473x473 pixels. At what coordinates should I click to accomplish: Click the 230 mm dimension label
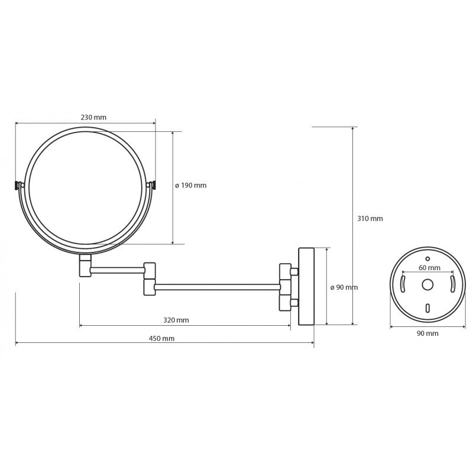click(93, 117)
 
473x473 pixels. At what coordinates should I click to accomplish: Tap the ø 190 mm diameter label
click(190, 185)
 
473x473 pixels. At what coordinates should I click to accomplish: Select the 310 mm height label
click(370, 218)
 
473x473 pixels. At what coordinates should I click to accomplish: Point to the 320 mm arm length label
click(176, 320)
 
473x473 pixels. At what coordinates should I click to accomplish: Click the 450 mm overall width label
click(161, 338)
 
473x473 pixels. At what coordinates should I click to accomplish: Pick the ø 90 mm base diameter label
click(344, 287)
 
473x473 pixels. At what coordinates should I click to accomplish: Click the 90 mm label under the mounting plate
click(427, 333)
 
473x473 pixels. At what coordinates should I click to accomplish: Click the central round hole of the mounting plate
click(427, 284)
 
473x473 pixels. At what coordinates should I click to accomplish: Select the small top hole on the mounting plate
click(427, 258)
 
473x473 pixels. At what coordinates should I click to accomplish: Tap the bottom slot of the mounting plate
click(427, 308)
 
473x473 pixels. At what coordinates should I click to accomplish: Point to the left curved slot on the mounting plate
click(403, 284)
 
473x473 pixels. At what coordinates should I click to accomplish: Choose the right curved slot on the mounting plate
click(452, 284)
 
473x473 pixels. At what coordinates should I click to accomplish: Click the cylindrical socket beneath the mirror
click(85, 265)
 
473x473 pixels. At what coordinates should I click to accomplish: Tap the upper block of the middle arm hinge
click(150, 271)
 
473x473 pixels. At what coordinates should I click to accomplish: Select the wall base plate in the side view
click(306, 287)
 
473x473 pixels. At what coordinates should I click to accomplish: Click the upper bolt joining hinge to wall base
click(294, 272)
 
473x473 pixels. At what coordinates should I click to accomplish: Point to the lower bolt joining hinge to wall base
click(294, 303)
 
